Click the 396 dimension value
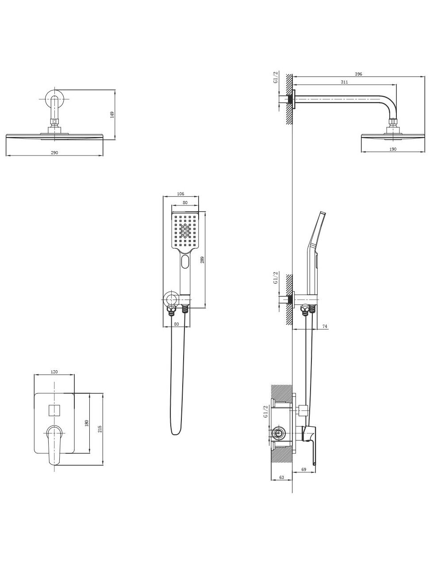(x=358, y=74)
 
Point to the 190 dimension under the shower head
(x=393, y=149)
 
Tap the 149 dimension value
(x=112, y=114)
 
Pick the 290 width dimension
(x=54, y=152)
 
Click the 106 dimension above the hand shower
(x=180, y=194)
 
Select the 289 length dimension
(x=203, y=261)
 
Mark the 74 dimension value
(x=325, y=326)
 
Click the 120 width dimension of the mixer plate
(x=54, y=372)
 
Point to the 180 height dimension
(x=87, y=423)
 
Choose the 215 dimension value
(x=100, y=429)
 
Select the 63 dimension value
(x=281, y=478)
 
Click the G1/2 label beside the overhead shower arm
(x=275, y=77)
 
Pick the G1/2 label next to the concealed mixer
(x=265, y=411)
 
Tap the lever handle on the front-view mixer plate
(x=54, y=444)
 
